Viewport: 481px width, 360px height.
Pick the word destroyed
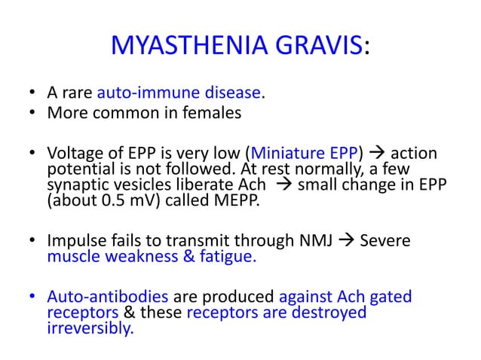(x=332, y=313)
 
